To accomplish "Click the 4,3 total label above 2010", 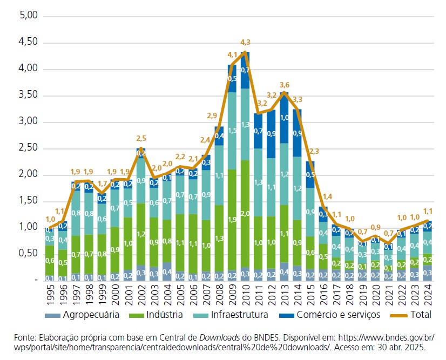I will tap(245, 42).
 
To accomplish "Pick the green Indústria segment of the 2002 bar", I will tap(141, 234).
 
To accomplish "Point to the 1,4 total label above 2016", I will tap(327, 196).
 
